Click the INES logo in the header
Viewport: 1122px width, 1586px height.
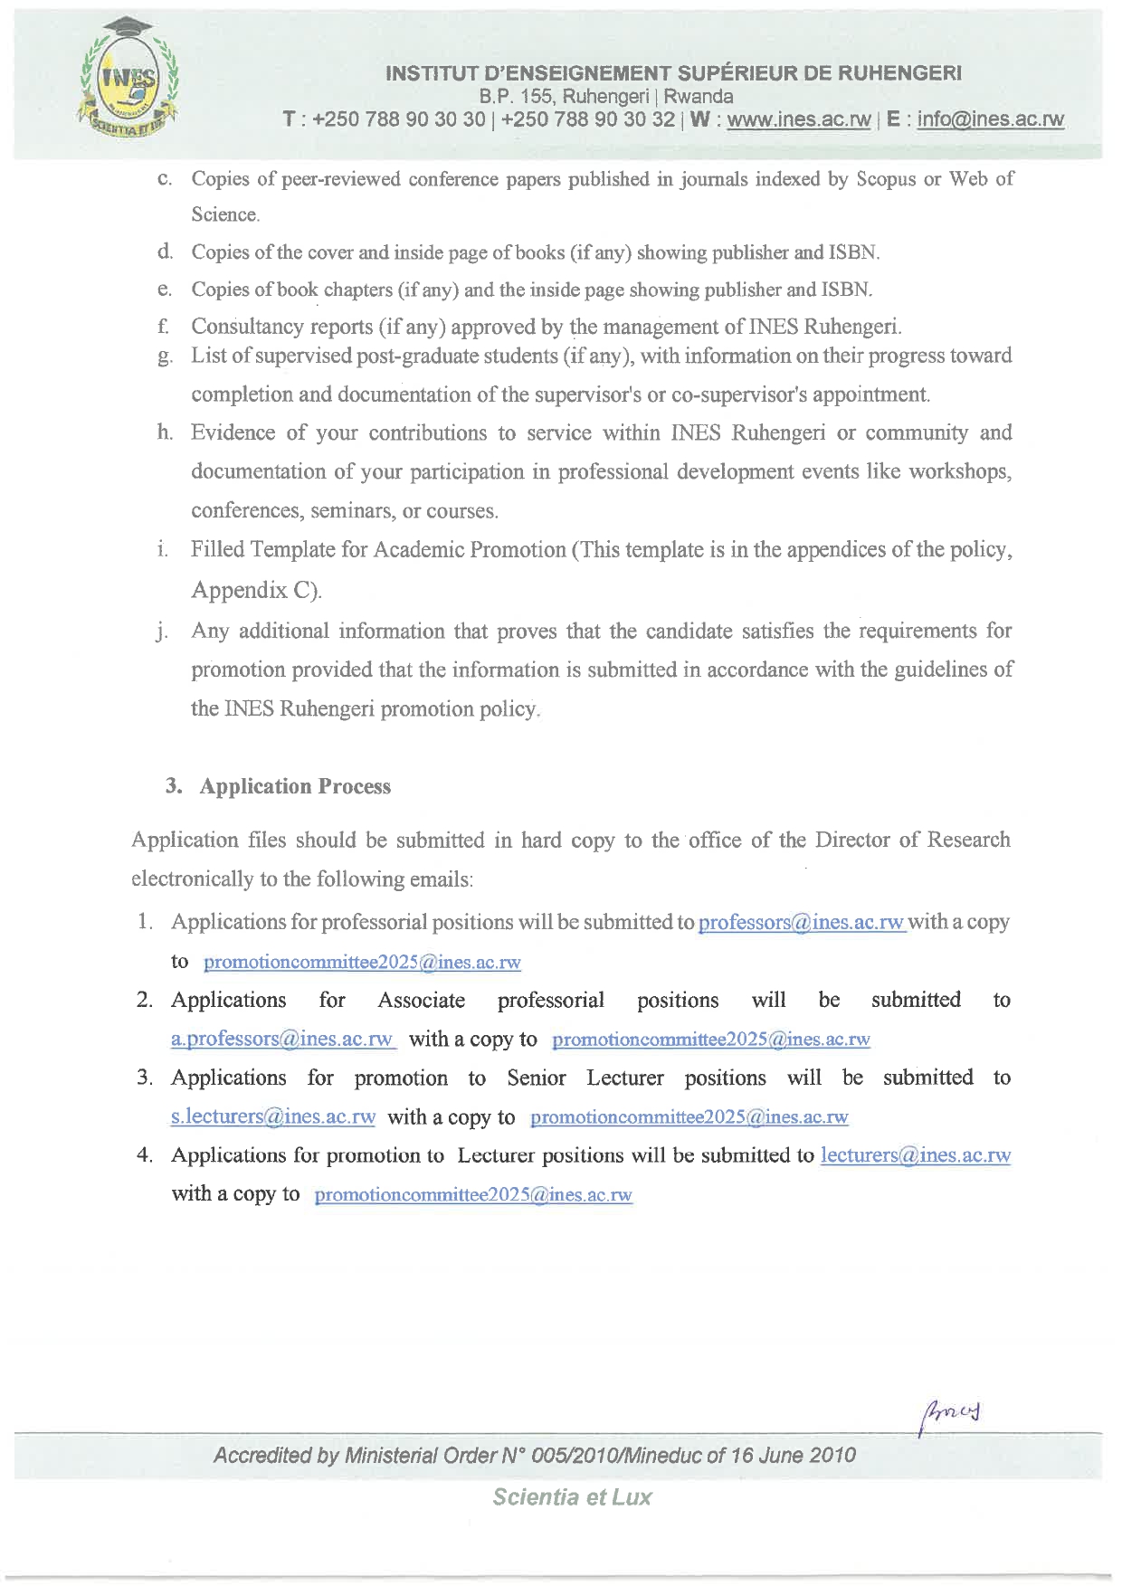pyautogui.click(x=129, y=81)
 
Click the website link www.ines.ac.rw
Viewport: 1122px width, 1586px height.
pyautogui.click(x=798, y=119)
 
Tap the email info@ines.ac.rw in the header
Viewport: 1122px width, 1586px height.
pyautogui.click(x=990, y=119)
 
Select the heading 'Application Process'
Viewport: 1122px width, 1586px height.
pyautogui.click(x=295, y=786)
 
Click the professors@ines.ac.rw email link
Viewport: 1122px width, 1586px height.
pyautogui.click(x=801, y=922)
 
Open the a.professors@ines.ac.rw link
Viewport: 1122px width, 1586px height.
pyautogui.click(x=282, y=1039)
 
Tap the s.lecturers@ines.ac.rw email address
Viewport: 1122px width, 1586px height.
pyautogui.click(x=272, y=1116)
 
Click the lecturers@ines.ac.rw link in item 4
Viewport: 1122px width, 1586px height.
pyautogui.click(x=915, y=1155)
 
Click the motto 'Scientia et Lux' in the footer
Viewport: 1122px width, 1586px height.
pyautogui.click(x=572, y=1496)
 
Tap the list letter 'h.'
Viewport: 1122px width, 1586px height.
pyautogui.click(x=165, y=432)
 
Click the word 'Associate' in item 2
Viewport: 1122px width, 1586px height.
pyautogui.click(x=421, y=1000)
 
